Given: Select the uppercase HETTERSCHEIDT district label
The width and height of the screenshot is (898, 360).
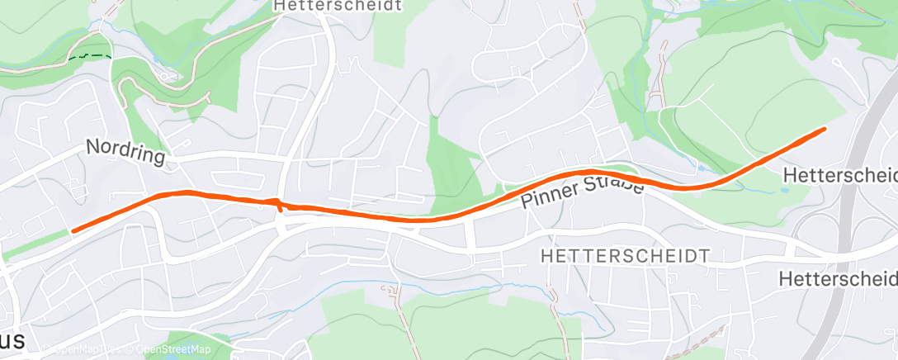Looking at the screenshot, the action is coord(624,256).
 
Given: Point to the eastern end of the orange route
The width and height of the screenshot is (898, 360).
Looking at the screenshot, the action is coord(825,129).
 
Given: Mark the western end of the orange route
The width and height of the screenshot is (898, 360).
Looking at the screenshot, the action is coord(73,231).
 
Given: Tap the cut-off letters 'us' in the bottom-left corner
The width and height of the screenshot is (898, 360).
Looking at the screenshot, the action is coord(15,342).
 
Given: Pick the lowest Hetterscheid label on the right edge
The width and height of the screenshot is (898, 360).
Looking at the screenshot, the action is coord(837,279).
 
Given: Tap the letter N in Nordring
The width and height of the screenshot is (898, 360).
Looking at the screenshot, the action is coord(92,146).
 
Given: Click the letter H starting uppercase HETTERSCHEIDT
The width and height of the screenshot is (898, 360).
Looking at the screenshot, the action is coord(546,256).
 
